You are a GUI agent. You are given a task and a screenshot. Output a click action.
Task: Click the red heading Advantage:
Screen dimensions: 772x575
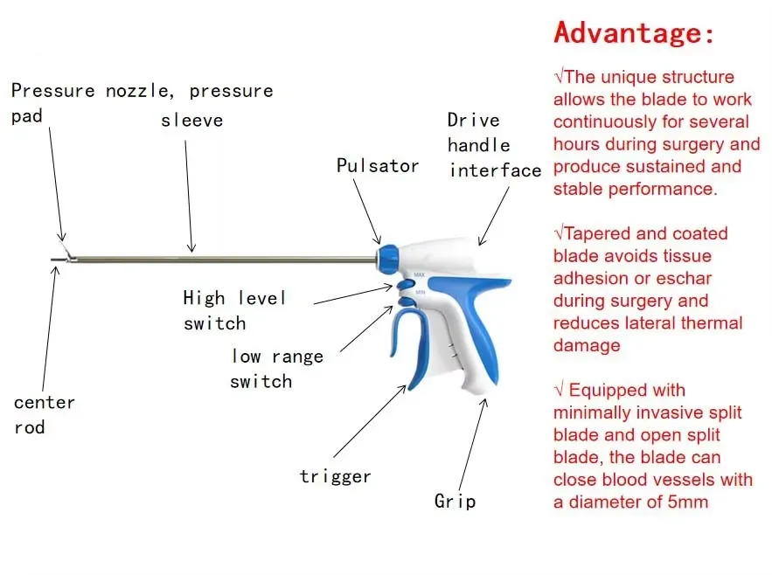(x=634, y=33)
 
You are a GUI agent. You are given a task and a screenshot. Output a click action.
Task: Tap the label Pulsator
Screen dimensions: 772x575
(x=378, y=166)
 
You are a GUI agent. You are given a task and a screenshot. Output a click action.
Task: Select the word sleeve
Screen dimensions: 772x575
(x=192, y=120)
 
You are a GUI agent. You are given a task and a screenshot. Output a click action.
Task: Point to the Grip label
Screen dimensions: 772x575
(x=455, y=501)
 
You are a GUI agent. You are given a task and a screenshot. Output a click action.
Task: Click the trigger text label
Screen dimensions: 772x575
(x=335, y=476)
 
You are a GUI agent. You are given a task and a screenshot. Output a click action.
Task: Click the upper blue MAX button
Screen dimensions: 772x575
(x=406, y=285)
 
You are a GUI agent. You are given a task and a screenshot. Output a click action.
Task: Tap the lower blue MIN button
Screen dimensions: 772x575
(x=407, y=301)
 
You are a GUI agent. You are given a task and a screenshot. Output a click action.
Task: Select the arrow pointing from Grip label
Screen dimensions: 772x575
(x=472, y=444)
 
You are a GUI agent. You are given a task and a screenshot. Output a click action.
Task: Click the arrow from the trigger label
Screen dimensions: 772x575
(x=370, y=421)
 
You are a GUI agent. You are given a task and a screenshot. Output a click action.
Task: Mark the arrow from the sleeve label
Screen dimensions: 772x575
(x=189, y=197)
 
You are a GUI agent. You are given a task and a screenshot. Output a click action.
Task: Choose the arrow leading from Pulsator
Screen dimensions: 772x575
(x=367, y=211)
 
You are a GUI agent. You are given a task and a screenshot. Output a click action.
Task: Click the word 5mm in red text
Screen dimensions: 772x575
(x=688, y=502)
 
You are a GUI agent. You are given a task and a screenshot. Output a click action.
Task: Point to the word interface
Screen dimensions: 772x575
(x=496, y=170)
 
